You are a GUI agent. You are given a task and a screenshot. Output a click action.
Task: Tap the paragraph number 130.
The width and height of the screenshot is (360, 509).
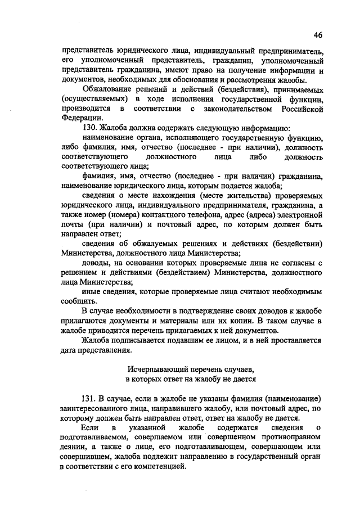pyautogui.click(x=89, y=128)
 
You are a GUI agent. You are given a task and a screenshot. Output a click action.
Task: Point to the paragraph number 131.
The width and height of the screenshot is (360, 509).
pyautogui.click(x=89, y=399)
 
